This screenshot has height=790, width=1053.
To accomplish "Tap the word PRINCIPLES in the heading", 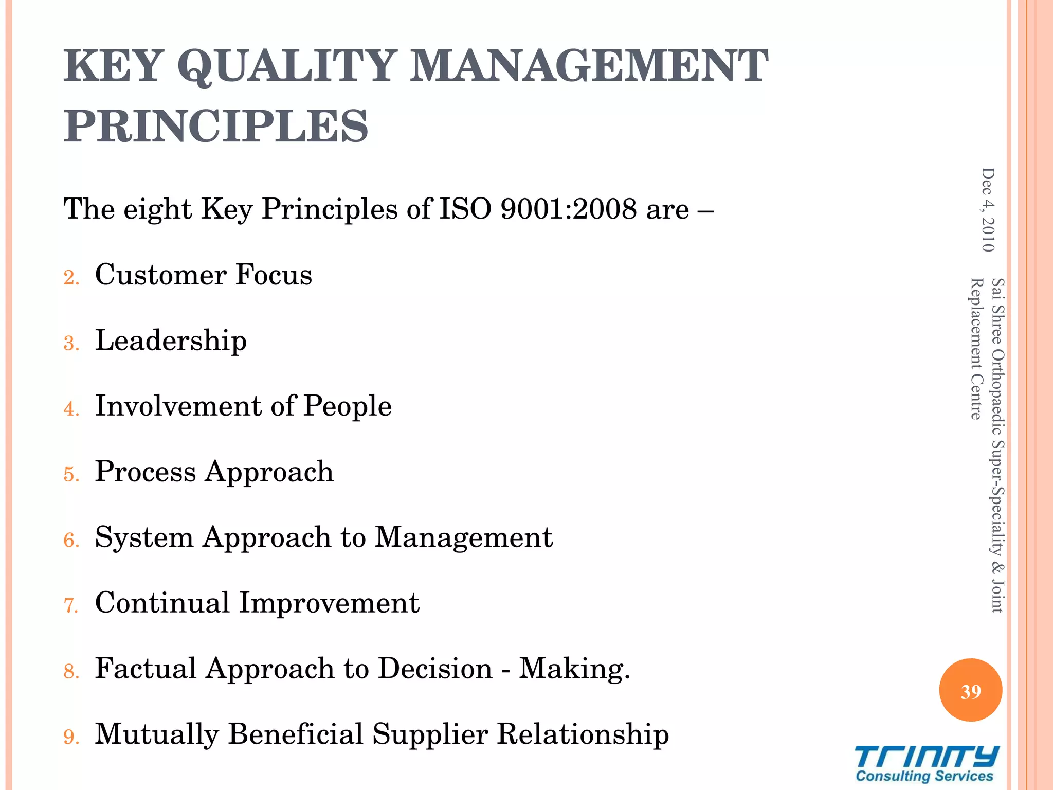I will coord(216,127).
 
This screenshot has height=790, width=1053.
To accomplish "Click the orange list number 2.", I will coord(71,278).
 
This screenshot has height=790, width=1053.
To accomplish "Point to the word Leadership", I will coord(171,341).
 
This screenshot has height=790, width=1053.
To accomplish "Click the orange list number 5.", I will coord(71,475).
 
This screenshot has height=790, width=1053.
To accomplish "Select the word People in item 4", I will coord(347,406).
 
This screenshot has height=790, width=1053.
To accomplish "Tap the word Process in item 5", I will coord(146,472).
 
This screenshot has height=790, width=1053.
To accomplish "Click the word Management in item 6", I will coord(463,537).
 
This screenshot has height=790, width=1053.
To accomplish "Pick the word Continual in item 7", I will coord(162,603).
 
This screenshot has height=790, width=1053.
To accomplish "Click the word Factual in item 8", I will coord(146,669).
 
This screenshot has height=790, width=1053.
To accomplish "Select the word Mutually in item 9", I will coord(157,734).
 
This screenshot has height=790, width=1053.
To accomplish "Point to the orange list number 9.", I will coord(71,738).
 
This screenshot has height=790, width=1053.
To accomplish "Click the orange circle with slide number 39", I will coord(970,691).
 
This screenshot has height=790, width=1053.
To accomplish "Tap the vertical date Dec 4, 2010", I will coord(988,210).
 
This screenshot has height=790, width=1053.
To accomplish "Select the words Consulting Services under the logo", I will coord(924,776).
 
